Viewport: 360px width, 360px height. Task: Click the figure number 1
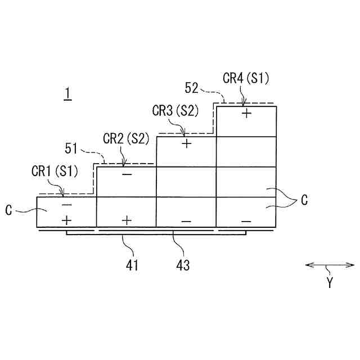tap(67, 94)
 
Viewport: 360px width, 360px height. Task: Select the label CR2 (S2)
tap(126, 138)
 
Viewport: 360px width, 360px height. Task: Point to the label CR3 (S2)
tap(175, 110)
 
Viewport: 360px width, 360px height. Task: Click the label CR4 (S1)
tap(246, 79)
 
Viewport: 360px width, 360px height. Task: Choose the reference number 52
tap(192, 88)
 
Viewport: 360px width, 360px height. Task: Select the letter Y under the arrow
tap(330, 283)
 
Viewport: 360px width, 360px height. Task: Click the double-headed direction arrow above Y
tap(330, 265)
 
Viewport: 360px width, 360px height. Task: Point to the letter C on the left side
tap(9, 211)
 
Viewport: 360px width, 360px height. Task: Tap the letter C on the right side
tap(304, 200)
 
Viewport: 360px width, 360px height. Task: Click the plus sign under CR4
tap(246, 113)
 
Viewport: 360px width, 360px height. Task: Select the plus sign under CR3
tap(187, 143)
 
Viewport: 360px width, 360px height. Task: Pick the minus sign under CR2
tap(127, 174)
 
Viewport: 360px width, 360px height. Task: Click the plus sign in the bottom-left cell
tap(66, 219)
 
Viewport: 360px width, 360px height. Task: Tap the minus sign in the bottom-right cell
tap(246, 221)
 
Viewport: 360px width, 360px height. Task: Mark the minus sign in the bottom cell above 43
tap(186, 221)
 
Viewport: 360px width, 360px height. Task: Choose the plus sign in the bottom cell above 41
tap(127, 220)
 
